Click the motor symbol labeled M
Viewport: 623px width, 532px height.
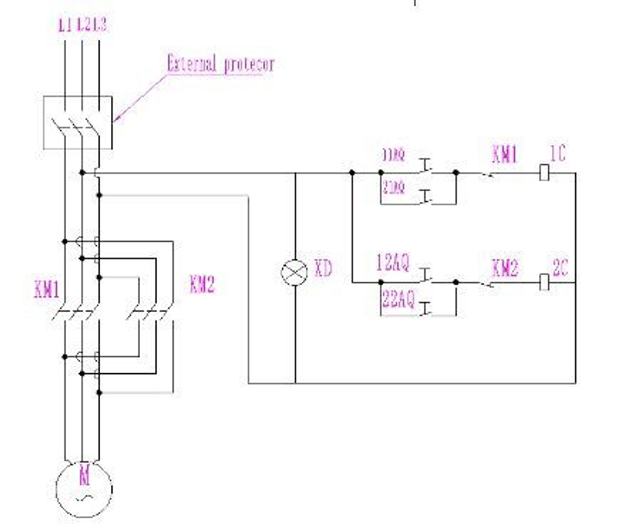pos(84,488)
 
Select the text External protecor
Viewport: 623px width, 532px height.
pos(221,64)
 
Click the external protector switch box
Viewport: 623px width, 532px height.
pos(78,123)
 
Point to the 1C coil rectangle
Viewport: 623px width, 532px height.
pos(544,173)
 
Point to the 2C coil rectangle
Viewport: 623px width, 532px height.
pos(544,282)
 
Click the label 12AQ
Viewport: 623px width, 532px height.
pos(393,264)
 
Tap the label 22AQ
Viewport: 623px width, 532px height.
pos(397,300)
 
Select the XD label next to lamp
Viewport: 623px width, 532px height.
pos(323,269)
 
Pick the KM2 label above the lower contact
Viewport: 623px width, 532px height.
pos(504,268)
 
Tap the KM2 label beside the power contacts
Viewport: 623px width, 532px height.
pos(202,285)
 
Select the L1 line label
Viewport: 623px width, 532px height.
pos(65,26)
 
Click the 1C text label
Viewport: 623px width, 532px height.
pos(558,153)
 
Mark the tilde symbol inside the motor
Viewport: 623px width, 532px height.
pos(85,497)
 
